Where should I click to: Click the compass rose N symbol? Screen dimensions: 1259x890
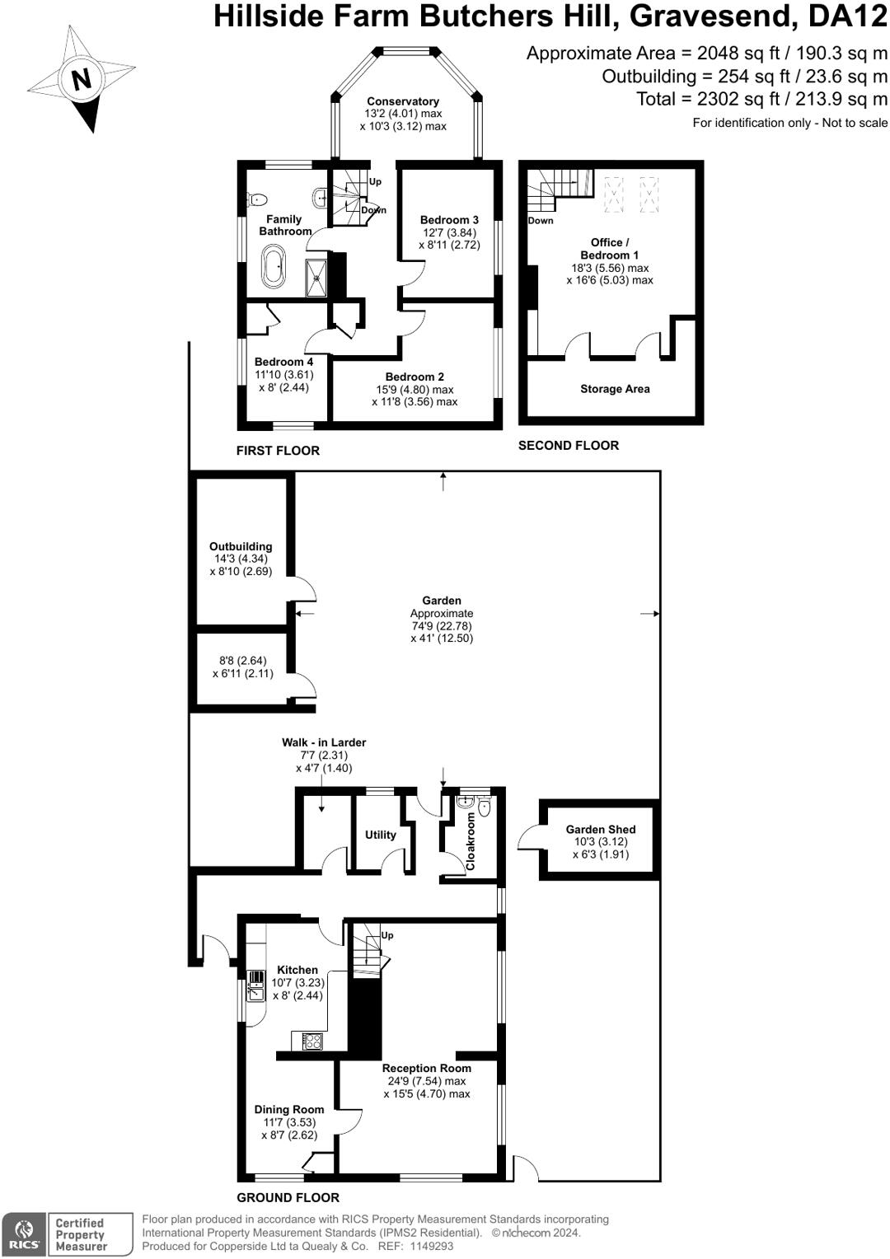pyautogui.click(x=81, y=80)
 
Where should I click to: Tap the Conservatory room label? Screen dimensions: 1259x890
pyautogui.click(x=403, y=101)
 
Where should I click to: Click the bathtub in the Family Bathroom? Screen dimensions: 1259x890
pyautogui.click(x=273, y=267)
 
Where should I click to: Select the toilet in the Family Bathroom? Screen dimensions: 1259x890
pyautogui.click(x=257, y=199)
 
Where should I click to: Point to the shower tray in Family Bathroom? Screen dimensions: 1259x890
pyautogui.click(x=316, y=278)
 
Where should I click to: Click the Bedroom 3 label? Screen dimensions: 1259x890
pyautogui.click(x=449, y=220)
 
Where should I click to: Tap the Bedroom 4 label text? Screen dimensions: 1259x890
pyautogui.click(x=283, y=362)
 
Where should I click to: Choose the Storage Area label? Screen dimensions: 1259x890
pyautogui.click(x=615, y=389)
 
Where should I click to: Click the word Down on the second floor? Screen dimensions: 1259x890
pyautogui.click(x=541, y=221)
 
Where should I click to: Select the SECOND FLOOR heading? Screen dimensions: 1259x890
pyautogui.click(x=568, y=446)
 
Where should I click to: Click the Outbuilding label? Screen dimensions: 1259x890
pyautogui.click(x=241, y=546)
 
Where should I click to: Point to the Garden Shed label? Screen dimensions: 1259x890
pyautogui.click(x=601, y=830)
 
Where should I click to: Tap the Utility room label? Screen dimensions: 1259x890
pyautogui.click(x=381, y=835)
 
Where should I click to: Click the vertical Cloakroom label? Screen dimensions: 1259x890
pyautogui.click(x=471, y=841)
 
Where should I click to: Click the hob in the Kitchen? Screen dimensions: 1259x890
pyautogui.click(x=311, y=1041)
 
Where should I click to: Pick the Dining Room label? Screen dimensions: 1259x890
pyautogui.click(x=289, y=1110)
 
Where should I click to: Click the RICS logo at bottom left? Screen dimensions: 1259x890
pyautogui.click(x=24, y=1234)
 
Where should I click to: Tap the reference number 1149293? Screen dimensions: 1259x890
pyautogui.click(x=432, y=1247)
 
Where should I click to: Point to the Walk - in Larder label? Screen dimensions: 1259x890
pyautogui.click(x=324, y=742)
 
